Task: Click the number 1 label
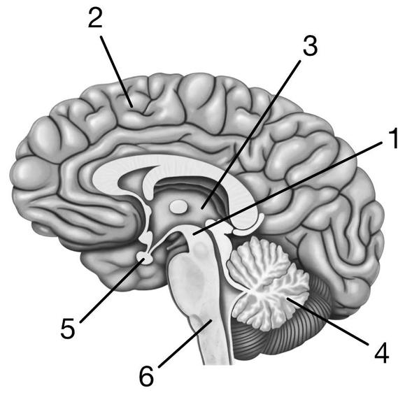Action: tap(393, 138)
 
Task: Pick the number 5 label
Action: tap(68, 328)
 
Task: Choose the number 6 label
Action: tap(146, 376)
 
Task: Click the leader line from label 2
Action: tap(117, 71)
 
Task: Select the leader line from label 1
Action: tap(287, 189)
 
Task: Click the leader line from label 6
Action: tap(185, 343)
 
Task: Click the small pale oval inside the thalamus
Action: tap(179, 207)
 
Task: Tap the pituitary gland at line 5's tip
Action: tap(145, 259)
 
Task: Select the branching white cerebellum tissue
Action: tap(267, 283)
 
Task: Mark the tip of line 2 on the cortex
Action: tap(133, 108)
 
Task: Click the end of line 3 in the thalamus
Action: tap(201, 208)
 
